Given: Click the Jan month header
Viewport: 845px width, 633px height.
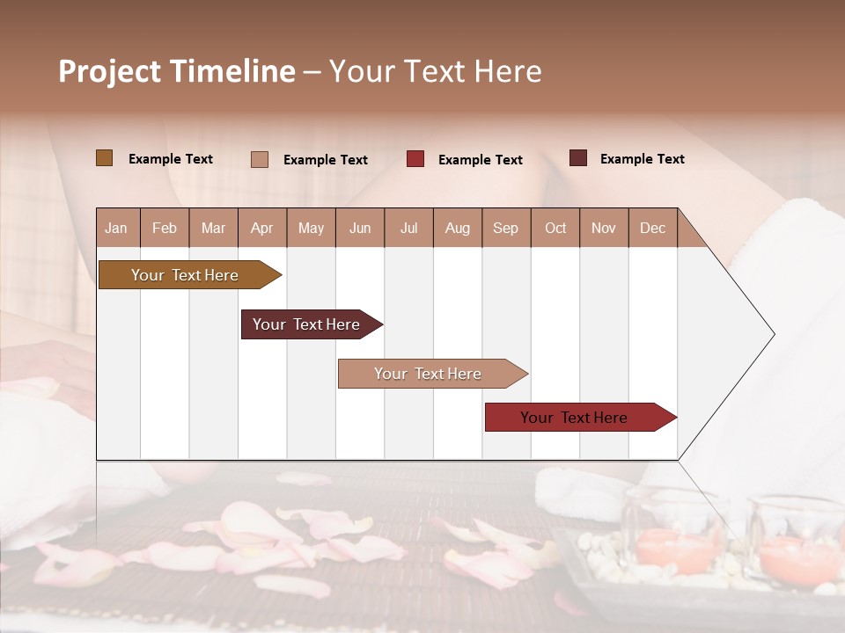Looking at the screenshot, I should (x=116, y=229).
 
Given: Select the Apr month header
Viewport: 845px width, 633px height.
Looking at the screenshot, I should (x=262, y=229).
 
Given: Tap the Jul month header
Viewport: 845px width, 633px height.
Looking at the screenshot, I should (x=408, y=229).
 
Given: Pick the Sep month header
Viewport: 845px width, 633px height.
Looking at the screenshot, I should (x=505, y=229).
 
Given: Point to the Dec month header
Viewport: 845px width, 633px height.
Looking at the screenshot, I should (x=652, y=229).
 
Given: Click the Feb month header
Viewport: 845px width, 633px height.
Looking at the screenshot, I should (x=165, y=229).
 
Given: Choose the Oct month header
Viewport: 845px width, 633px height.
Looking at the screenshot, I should (x=555, y=229).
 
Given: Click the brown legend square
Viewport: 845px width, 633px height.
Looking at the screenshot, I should (x=104, y=158).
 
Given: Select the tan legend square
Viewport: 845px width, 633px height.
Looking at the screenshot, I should (x=259, y=159).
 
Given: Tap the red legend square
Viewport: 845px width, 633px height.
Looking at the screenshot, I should (x=415, y=159).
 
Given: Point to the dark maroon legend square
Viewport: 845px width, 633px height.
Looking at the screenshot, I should (x=577, y=158).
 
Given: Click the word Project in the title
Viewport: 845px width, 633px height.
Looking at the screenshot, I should (x=108, y=72).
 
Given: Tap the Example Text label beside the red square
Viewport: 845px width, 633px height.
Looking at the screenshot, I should (x=481, y=160).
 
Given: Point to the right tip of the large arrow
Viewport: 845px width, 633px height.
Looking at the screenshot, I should (x=773, y=334).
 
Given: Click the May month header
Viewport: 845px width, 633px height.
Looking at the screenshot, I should (x=311, y=229).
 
